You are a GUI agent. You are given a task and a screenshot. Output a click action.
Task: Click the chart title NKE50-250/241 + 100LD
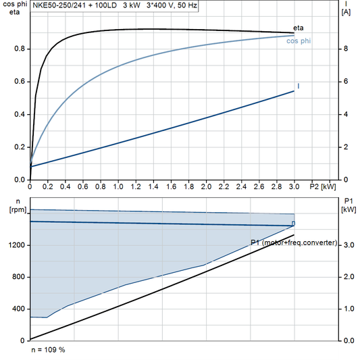74,4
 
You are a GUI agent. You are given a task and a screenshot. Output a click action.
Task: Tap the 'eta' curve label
299,28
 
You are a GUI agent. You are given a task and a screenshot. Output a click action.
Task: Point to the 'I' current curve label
298,86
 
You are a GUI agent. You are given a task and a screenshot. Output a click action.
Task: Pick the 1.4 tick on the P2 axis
153,186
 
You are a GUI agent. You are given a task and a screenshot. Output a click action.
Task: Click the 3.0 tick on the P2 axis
294,186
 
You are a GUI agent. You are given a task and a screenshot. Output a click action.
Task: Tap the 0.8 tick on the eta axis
18,49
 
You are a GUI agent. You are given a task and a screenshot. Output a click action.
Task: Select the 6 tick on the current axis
345,82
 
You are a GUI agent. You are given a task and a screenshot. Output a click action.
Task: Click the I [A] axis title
346,8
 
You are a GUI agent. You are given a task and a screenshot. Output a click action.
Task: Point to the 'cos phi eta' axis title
12,8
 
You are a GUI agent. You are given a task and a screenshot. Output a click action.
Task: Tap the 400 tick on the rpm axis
19,309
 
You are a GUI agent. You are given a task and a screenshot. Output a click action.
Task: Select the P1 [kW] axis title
349,205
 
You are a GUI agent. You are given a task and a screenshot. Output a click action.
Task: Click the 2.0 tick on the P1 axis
349,277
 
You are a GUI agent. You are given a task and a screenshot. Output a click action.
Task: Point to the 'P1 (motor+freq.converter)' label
293,242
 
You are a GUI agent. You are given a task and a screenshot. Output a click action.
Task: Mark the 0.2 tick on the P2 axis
47,186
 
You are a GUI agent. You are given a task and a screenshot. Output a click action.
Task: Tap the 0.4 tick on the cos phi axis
18,114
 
